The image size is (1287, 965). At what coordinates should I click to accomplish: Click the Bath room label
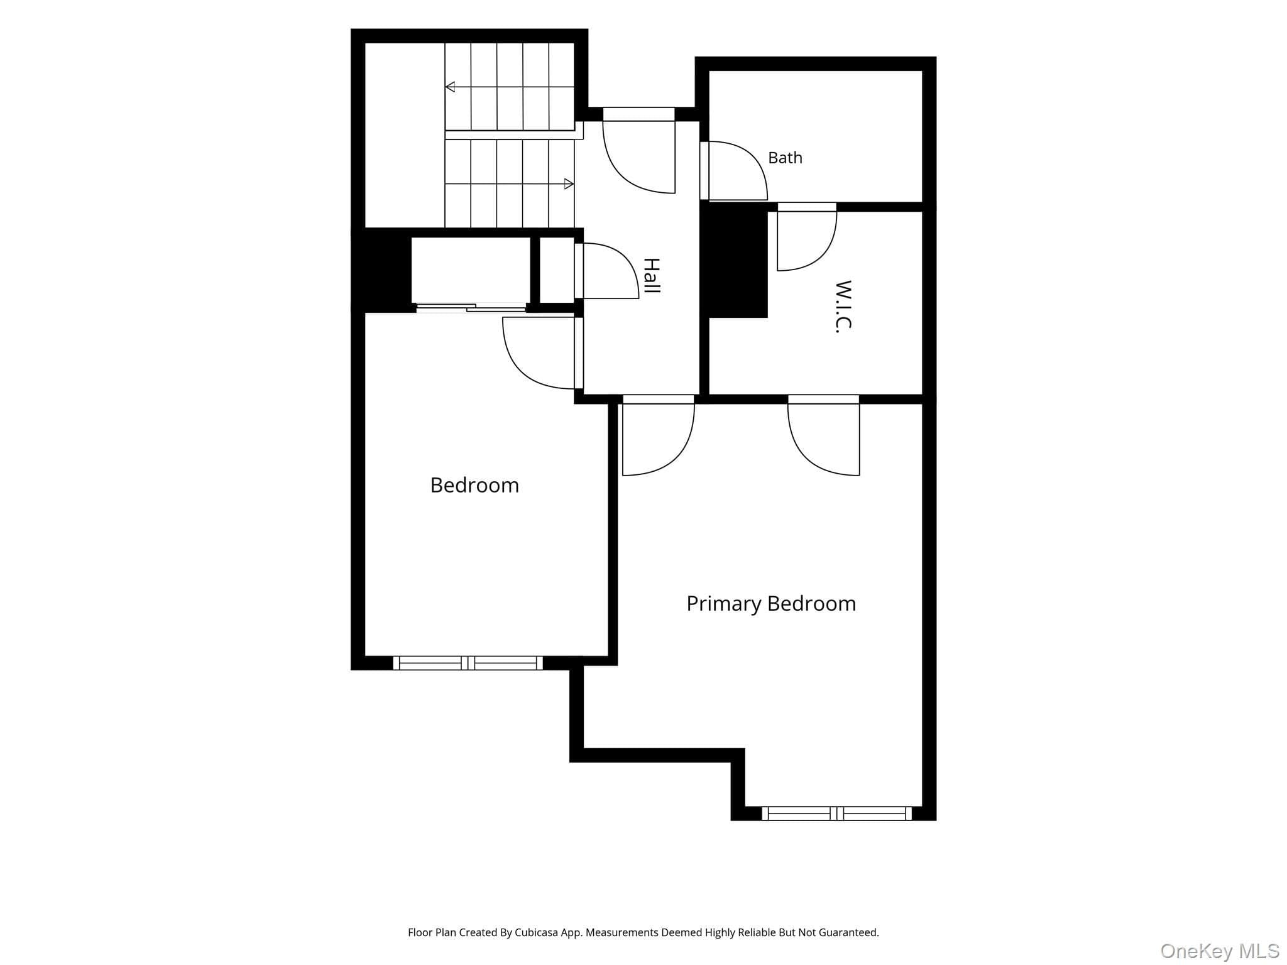click(785, 158)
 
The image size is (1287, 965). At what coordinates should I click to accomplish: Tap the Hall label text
click(652, 276)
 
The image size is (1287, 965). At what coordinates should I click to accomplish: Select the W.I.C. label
click(843, 307)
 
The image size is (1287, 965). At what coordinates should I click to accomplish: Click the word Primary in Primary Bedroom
click(723, 604)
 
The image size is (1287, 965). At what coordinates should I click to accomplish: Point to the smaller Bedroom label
click(474, 485)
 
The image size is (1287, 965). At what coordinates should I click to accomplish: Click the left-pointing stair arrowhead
click(450, 87)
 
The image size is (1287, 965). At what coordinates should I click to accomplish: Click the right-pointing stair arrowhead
click(569, 184)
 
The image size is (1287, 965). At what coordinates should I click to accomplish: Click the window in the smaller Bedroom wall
click(468, 663)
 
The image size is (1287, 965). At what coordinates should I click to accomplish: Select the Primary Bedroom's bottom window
click(837, 814)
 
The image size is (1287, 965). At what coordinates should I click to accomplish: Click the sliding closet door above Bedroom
click(471, 307)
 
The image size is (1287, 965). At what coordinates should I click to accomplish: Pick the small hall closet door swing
click(607, 271)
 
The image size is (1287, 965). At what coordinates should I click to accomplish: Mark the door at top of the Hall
click(639, 151)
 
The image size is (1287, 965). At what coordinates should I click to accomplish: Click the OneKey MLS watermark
click(1220, 951)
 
